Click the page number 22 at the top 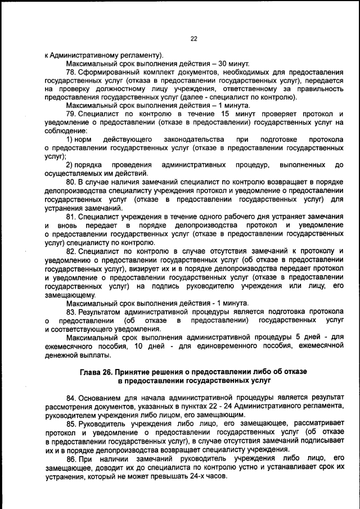(193, 38)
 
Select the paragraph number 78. (71, 73)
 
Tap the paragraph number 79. (71, 115)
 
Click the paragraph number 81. (71, 216)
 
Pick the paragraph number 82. (71, 250)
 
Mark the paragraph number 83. (71, 311)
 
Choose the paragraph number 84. (71, 398)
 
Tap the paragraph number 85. (71, 423)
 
